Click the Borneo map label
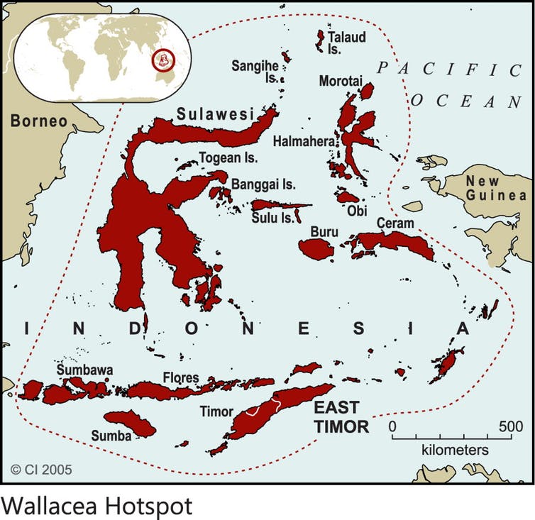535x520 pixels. pyautogui.click(x=38, y=121)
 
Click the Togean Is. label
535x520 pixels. pyautogui.click(x=228, y=158)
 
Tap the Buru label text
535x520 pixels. pyautogui.click(x=324, y=231)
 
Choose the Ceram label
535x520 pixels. pyautogui.click(x=395, y=223)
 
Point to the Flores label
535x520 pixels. pyautogui.click(x=181, y=377)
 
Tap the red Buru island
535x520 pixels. pyautogui.click(x=316, y=248)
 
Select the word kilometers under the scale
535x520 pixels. pyautogui.click(x=455, y=450)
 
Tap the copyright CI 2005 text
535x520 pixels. pyautogui.click(x=41, y=469)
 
